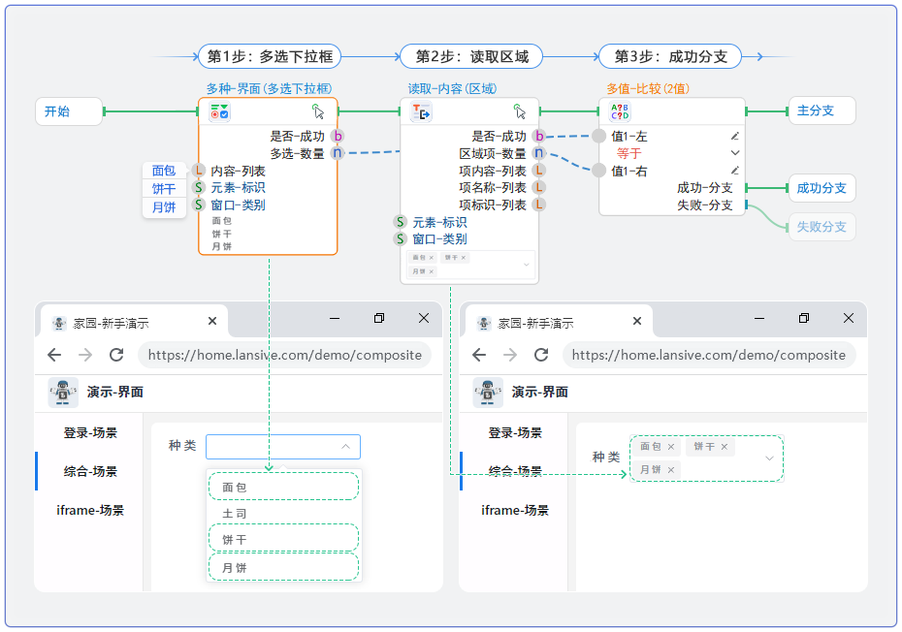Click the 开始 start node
click(68, 111)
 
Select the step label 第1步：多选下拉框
click(270, 56)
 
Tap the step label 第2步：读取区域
click(471, 56)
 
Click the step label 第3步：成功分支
click(670, 56)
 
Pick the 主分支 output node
click(821, 111)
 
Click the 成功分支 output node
click(821, 188)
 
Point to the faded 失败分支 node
click(821, 227)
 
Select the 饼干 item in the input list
click(164, 189)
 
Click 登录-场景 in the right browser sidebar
click(515, 432)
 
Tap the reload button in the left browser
click(116, 355)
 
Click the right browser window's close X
click(849, 318)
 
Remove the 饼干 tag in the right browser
click(725, 448)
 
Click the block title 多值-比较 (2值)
click(648, 88)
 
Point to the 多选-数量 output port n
click(338, 152)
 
